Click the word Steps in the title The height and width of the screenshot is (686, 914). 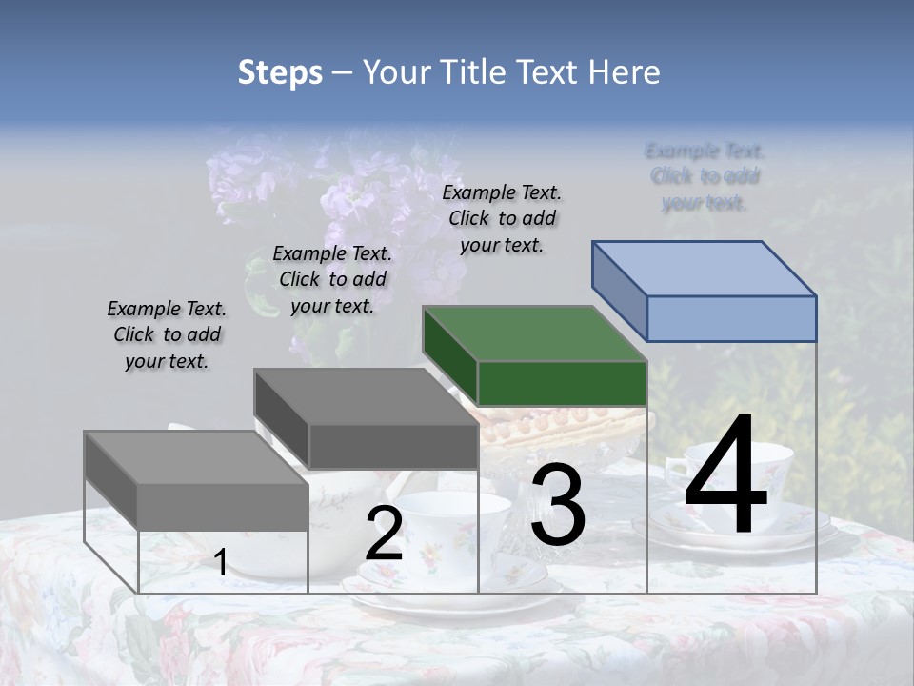(x=280, y=72)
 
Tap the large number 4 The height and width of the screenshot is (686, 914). (x=725, y=476)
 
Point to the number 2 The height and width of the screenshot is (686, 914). (x=384, y=535)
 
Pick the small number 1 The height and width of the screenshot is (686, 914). (x=220, y=563)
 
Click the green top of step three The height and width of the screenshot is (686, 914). (x=533, y=334)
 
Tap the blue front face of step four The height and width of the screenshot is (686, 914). (x=731, y=318)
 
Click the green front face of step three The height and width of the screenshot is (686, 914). (x=562, y=383)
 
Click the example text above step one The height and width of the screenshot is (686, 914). (x=167, y=334)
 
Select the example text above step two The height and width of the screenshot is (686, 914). (x=332, y=279)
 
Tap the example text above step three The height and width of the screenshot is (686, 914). (x=502, y=218)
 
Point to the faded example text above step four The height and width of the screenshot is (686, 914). (x=705, y=176)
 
